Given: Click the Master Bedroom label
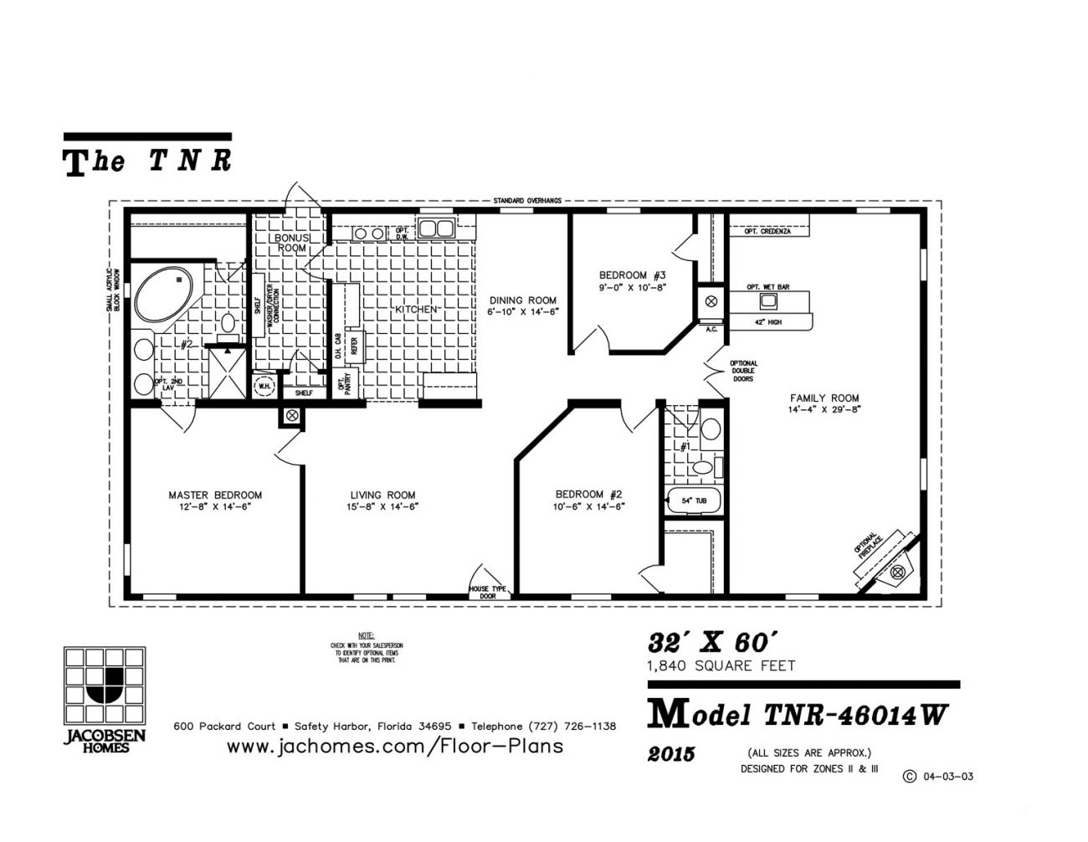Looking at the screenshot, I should (x=215, y=495).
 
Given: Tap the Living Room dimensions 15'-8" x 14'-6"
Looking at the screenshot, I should (x=382, y=507).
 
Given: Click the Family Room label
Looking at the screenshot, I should (x=824, y=398).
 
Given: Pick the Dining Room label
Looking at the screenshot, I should (x=523, y=300).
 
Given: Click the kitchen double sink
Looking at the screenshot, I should (x=436, y=228).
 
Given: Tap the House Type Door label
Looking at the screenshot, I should (x=488, y=592).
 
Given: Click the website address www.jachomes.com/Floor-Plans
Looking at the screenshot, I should (x=395, y=746).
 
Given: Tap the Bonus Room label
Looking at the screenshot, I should (x=292, y=243).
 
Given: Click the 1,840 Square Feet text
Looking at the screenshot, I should (x=720, y=666).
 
